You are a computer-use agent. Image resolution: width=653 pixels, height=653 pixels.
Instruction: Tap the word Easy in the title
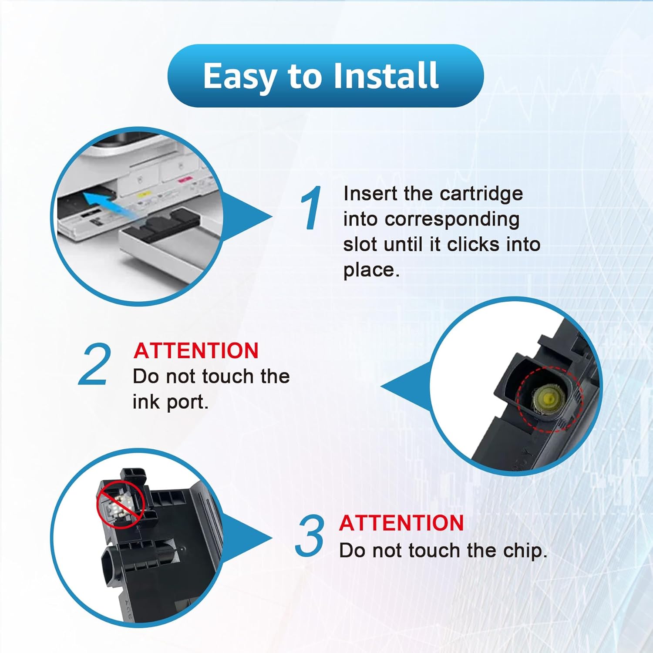pyautogui.click(x=240, y=77)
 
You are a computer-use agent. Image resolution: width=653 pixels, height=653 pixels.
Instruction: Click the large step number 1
pyautogui.click(x=311, y=208)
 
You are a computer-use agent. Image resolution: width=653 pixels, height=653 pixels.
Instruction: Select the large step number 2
pyautogui.click(x=94, y=364)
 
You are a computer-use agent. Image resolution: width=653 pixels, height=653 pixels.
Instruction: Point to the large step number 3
pyautogui.click(x=310, y=535)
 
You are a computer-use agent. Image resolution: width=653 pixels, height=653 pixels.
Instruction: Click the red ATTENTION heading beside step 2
pyautogui.click(x=196, y=351)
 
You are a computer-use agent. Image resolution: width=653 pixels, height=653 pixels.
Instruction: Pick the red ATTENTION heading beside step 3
pyautogui.click(x=401, y=523)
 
